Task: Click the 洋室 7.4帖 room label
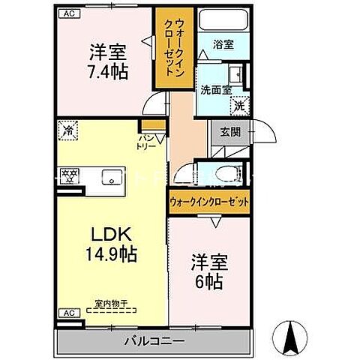(108, 62)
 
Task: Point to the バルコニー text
(153, 341)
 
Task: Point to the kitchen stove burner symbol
(70, 177)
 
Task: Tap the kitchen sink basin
(112, 178)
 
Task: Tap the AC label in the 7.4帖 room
(68, 13)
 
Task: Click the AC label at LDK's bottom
(67, 313)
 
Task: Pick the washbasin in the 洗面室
(235, 74)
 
